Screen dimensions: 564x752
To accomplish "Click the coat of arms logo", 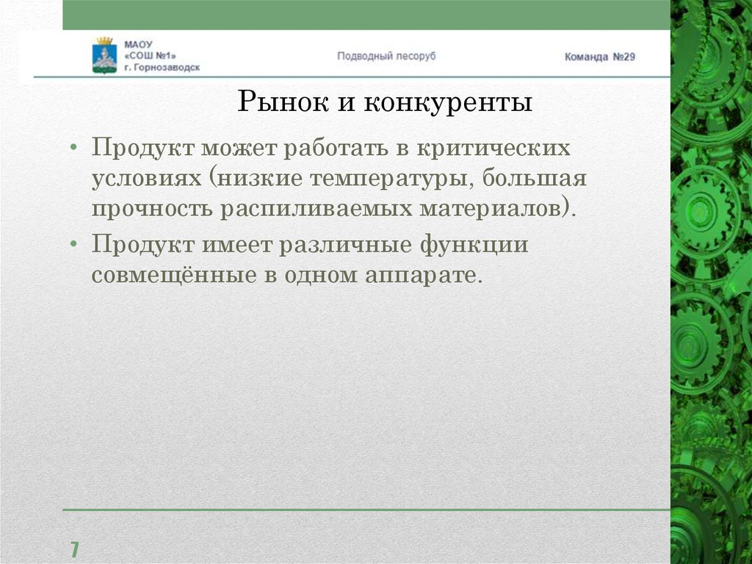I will [104, 54].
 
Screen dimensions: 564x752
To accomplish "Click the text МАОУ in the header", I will [137, 43].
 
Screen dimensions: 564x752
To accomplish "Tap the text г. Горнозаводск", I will [162, 67].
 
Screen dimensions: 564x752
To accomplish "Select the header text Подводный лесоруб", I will [386, 56].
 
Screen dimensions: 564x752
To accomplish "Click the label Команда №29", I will [599, 57].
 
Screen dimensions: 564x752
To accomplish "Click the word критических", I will [493, 147].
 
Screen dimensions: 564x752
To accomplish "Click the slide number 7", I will [74, 549].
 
